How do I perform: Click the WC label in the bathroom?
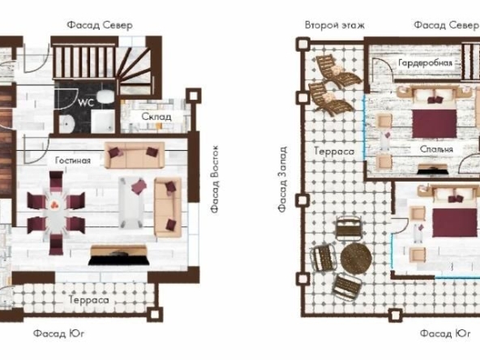(87, 104)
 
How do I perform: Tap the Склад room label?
(156, 117)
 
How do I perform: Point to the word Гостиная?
(72, 161)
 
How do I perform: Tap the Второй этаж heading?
(334, 25)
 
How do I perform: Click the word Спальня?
(436, 149)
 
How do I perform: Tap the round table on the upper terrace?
(356, 259)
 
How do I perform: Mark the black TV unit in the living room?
(118, 259)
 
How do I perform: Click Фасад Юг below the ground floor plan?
(59, 333)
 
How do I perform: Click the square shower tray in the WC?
(103, 122)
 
